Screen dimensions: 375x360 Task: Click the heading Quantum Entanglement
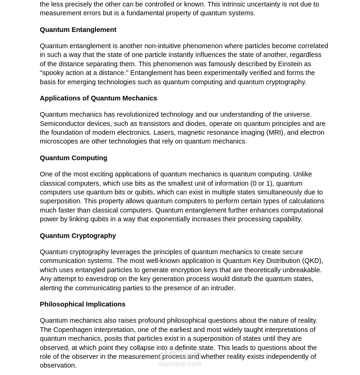[78, 30]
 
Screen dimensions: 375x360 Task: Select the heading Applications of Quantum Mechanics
[98, 98]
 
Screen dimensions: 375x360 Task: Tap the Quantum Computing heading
[73, 158]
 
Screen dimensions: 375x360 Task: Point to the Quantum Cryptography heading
[78, 236]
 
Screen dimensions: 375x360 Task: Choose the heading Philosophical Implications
[82, 304]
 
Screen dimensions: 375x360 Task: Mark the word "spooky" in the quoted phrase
[53, 73]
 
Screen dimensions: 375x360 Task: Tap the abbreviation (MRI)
[276, 132]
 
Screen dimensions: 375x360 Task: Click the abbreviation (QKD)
[312, 261]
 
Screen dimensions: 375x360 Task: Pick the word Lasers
[164, 132]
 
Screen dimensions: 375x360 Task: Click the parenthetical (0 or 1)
[262, 183]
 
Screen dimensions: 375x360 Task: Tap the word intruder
[221, 288]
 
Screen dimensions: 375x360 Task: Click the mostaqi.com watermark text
[180, 364]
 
